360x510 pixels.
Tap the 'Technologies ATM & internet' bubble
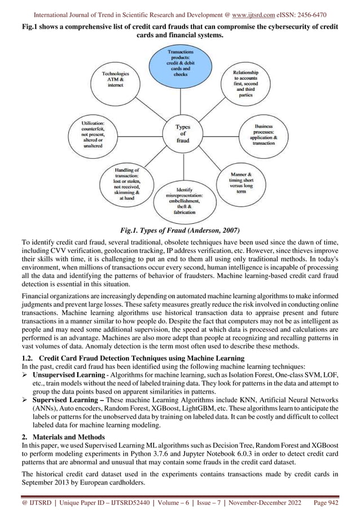(116, 85)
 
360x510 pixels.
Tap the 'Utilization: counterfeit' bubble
(92, 133)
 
